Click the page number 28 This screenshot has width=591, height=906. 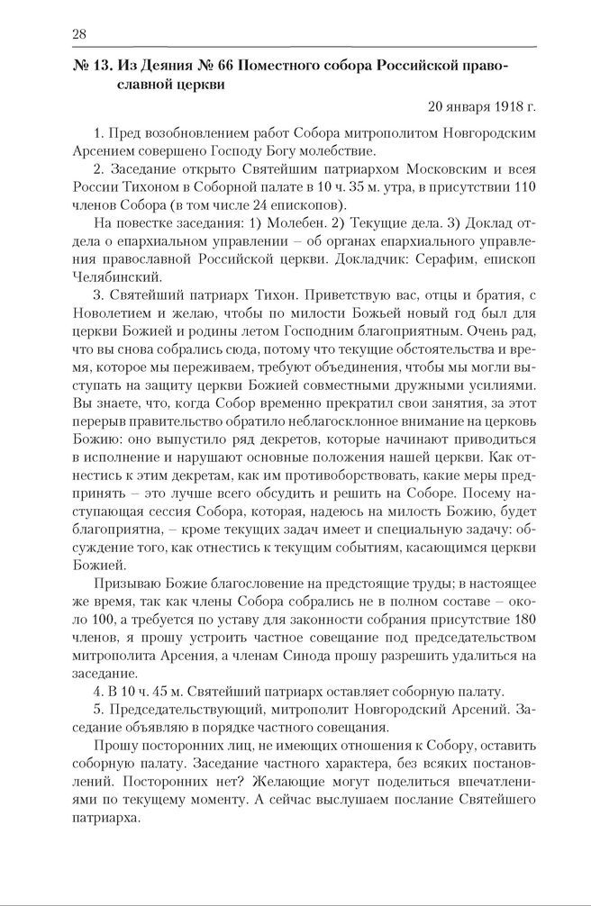78,33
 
